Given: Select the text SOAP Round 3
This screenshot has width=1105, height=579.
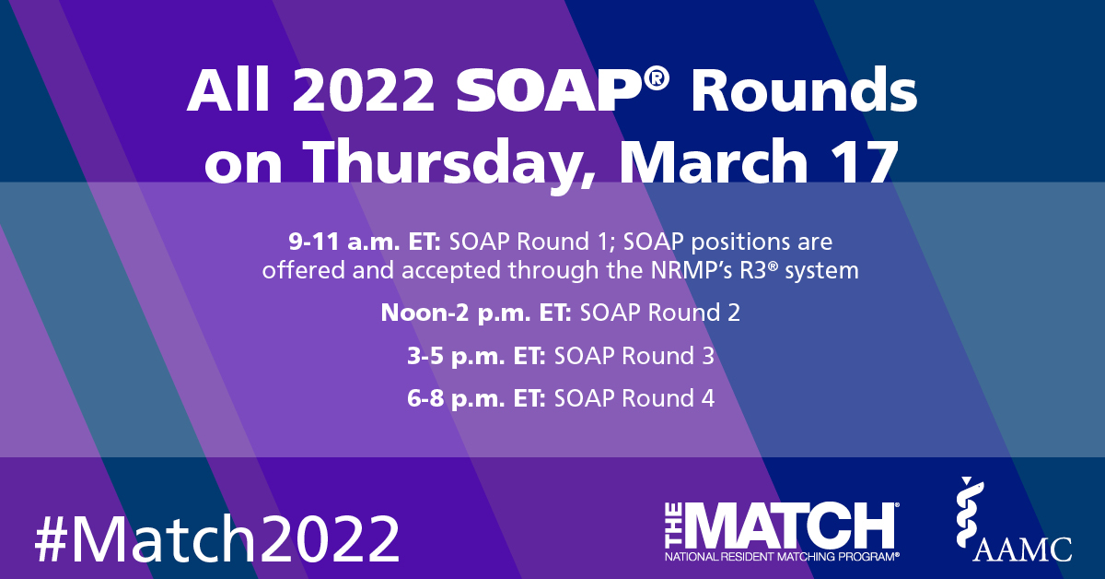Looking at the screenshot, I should click(634, 356).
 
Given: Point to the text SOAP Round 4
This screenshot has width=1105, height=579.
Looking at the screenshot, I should click(634, 398).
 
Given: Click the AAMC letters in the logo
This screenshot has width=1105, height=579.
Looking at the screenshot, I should click(1025, 549).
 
